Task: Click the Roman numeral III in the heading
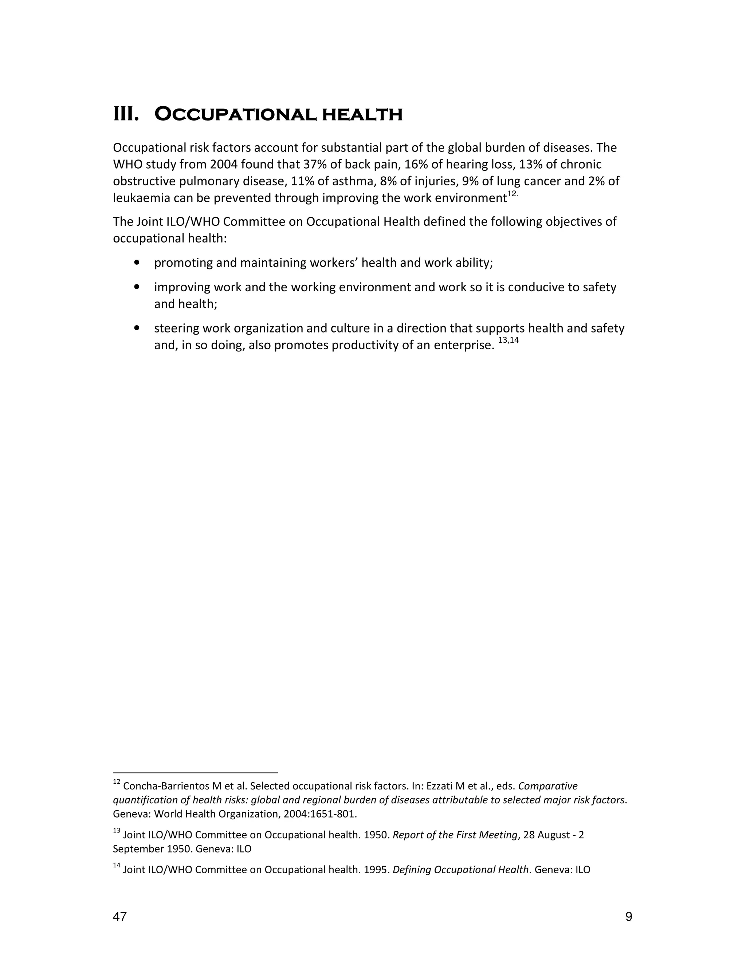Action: pyautogui.click(x=126, y=114)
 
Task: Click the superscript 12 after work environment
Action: pyautogui.click(x=512, y=194)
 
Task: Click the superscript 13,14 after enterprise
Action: pyautogui.click(x=508, y=340)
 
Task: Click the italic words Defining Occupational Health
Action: pyautogui.click(x=460, y=870)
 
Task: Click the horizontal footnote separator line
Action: pyautogui.click(x=195, y=773)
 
